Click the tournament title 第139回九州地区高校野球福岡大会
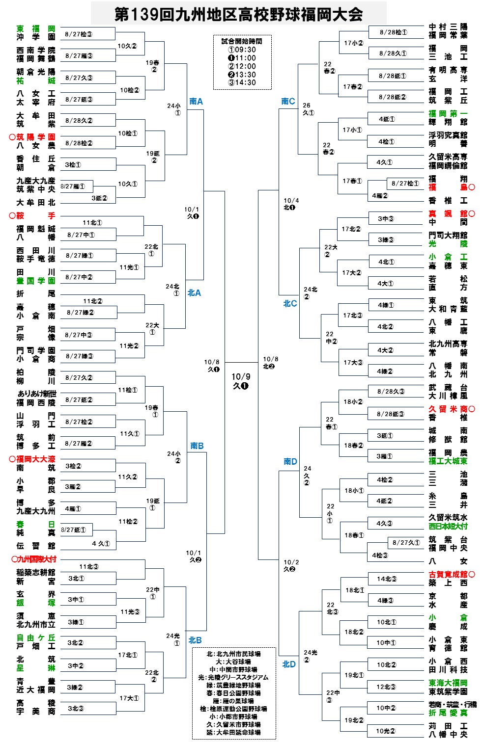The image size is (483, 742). [239, 14]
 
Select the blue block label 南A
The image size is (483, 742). [196, 102]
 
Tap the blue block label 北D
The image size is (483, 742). [289, 664]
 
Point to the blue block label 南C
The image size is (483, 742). [288, 101]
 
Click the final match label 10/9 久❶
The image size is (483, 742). [241, 381]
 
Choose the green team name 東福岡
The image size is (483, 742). [36, 29]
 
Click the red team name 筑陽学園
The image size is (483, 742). [36, 137]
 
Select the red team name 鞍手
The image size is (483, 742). [36, 215]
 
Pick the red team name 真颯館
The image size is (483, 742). [448, 213]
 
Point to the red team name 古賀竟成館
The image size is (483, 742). [448, 574]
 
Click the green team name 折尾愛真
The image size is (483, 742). [448, 713]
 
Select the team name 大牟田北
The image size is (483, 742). [36, 202]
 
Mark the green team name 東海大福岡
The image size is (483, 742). [448, 683]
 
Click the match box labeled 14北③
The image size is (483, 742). [387, 579]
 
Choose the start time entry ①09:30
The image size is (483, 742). [242, 50]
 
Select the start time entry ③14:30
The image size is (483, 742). [242, 82]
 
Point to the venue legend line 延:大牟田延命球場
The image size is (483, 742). [233, 732]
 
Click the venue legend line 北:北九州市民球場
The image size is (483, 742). [233, 654]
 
